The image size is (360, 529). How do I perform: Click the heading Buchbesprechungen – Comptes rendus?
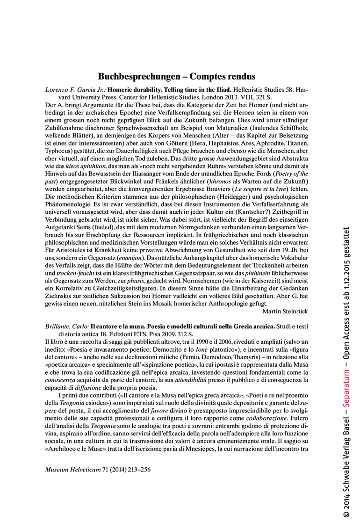coord(177,76)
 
